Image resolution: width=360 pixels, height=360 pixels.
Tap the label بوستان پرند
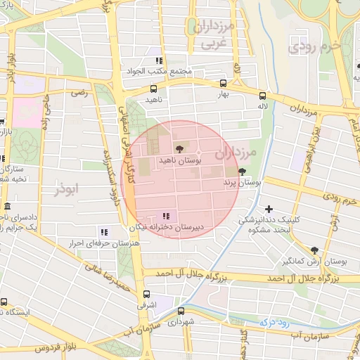tap(243, 183)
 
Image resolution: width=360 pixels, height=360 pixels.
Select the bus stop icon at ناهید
tap(153, 89)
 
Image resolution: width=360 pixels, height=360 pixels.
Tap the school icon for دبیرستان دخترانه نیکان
tap(165, 216)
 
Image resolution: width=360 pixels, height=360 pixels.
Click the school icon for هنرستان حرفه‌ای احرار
tap(104, 232)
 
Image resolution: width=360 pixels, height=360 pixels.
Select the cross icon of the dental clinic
tap(269, 209)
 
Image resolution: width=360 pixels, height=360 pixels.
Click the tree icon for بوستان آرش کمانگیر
tap(314, 250)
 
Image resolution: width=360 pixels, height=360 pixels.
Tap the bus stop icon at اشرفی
tap(146, 294)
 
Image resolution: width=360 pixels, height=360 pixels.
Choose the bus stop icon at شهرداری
tap(181, 311)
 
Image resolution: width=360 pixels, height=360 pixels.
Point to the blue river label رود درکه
tap(274, 321)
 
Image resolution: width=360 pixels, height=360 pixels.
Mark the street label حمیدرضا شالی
tap(108, 271)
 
